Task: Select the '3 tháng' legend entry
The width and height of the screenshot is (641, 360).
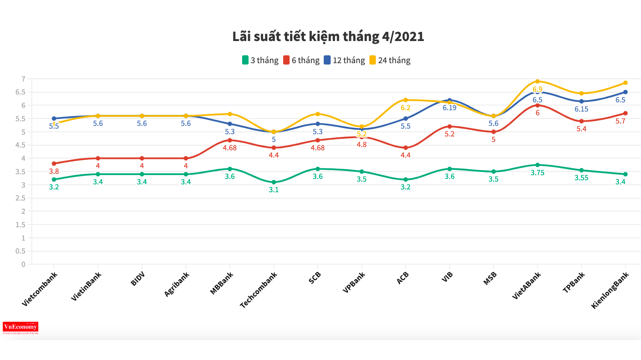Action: coord(260,60)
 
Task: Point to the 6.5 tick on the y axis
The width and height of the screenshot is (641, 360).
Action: coord(20,92)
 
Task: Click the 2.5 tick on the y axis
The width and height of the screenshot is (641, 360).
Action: coord(20,198)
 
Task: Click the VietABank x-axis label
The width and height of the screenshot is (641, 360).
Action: coord(527,285)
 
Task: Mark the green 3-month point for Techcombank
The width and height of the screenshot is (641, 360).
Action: coord(274,182)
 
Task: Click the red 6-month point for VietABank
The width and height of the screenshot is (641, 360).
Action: coord(538,106)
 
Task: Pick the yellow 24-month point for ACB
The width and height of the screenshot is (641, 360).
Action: coord(406,100)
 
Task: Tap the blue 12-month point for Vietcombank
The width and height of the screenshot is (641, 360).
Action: coord(54,118)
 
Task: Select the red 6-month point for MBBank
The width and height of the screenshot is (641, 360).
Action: coord(230,140)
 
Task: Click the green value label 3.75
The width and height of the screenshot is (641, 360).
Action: coord(538,173)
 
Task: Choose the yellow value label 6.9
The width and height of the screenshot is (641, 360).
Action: coord(538,89)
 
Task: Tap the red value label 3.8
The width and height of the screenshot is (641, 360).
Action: coord(54,171)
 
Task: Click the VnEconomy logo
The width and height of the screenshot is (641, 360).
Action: coord(20,327)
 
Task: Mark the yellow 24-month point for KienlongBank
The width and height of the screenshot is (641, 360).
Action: coord(625,83)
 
